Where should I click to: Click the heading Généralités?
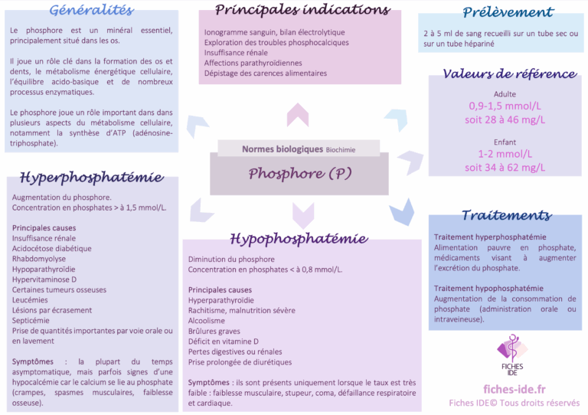[x=91, y=10]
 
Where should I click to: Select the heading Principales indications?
[x=302, y=10]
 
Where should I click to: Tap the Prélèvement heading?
[x=508, y=12]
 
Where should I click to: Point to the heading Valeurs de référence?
[x=509, y=74]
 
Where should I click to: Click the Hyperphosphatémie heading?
[x=91, y=178]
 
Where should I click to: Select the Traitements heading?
[x=506, y=215]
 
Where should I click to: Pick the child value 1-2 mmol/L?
[x=505, y=154]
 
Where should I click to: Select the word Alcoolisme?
[x=207, y=321]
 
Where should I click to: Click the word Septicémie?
[x=31, y=321]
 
